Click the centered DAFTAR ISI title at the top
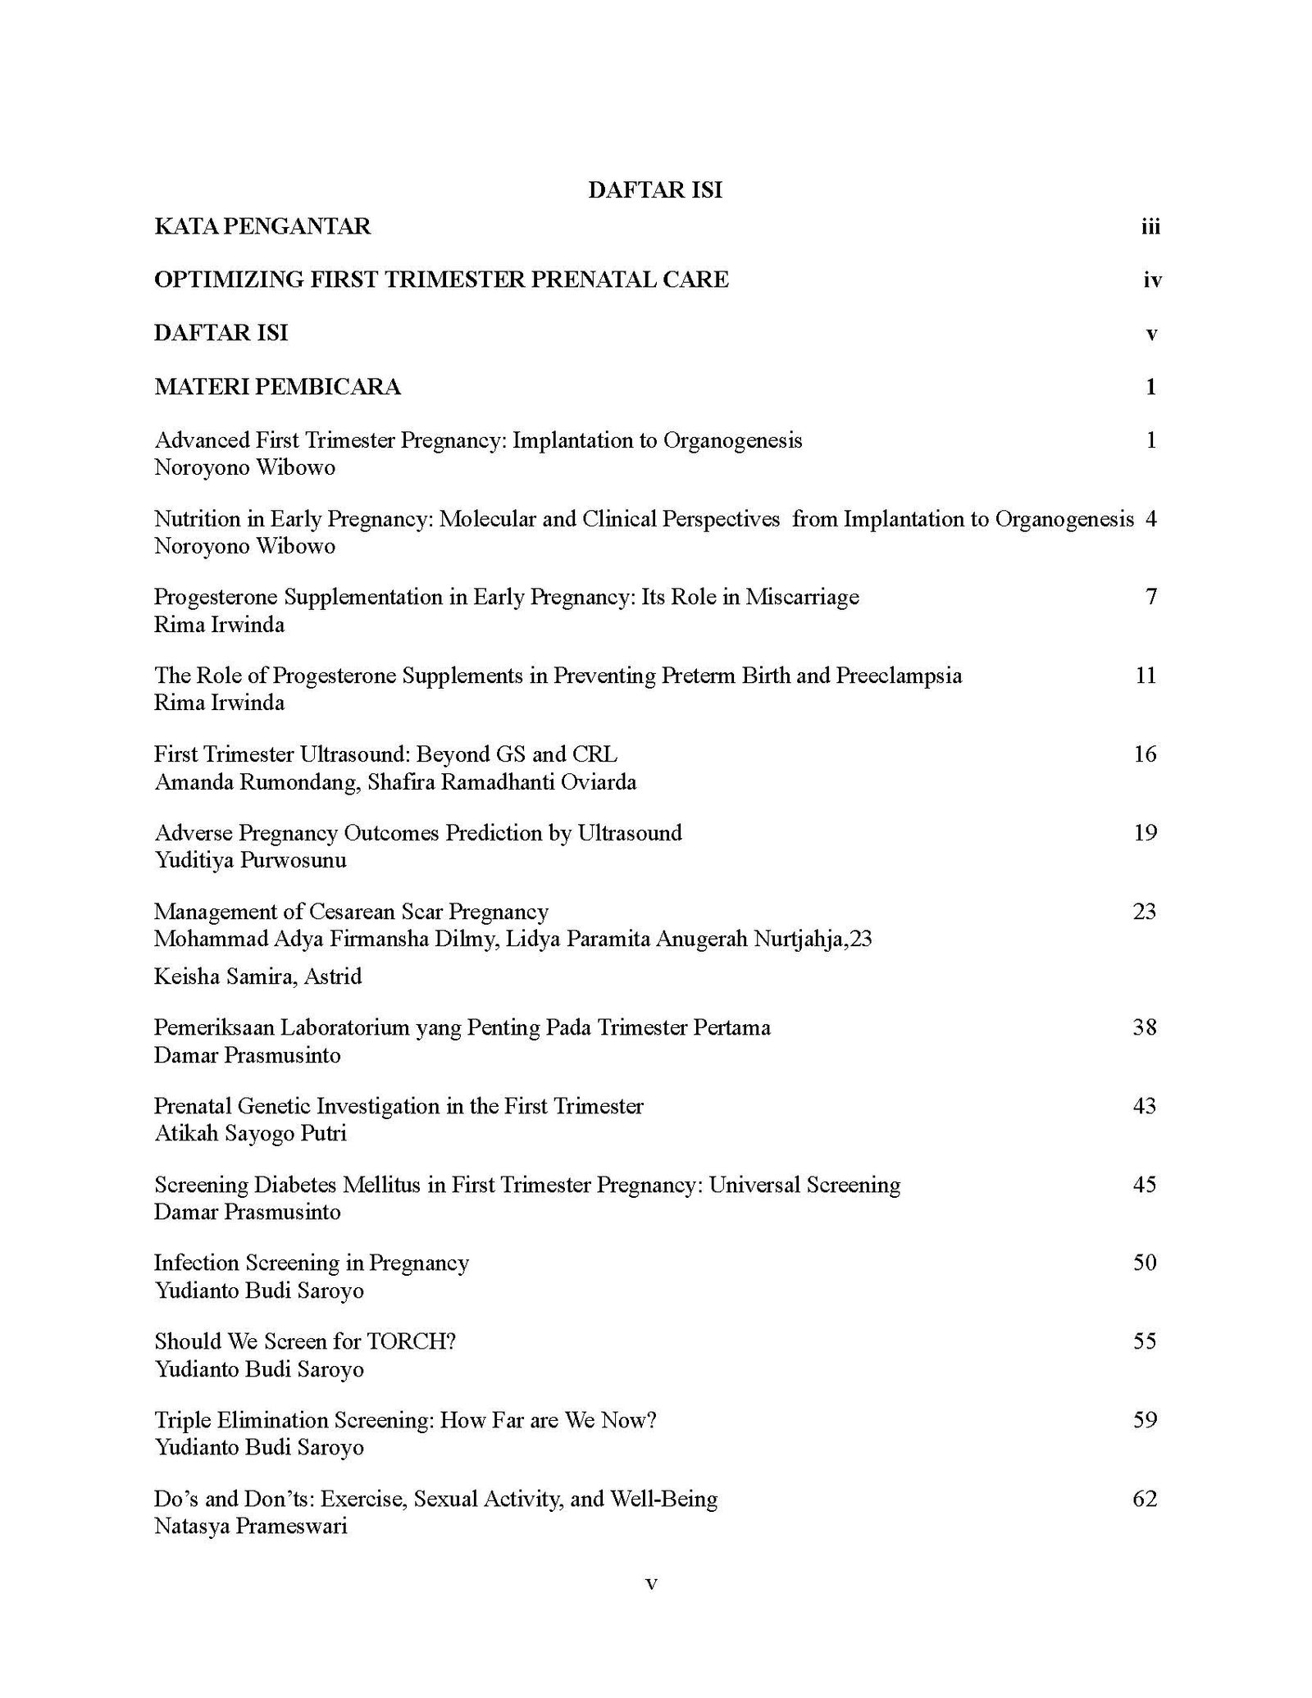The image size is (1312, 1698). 655,190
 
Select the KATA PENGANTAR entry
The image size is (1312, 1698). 262,226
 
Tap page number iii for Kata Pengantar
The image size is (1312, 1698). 1150,227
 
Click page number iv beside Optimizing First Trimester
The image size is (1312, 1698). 1152,280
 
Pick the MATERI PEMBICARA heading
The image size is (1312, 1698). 277,387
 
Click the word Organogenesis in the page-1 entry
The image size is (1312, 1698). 732,441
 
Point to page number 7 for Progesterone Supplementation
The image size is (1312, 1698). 1151,597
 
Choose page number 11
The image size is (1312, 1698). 1146,676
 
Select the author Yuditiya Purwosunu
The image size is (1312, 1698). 250,860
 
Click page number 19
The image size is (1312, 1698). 1145,833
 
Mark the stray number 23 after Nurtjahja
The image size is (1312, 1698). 860,939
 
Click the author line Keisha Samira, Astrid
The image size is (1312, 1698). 257,976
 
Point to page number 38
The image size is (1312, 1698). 1145,1027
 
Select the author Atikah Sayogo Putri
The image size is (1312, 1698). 250,1134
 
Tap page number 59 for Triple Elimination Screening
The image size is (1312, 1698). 1145,1420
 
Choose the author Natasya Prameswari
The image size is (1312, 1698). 250,1527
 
